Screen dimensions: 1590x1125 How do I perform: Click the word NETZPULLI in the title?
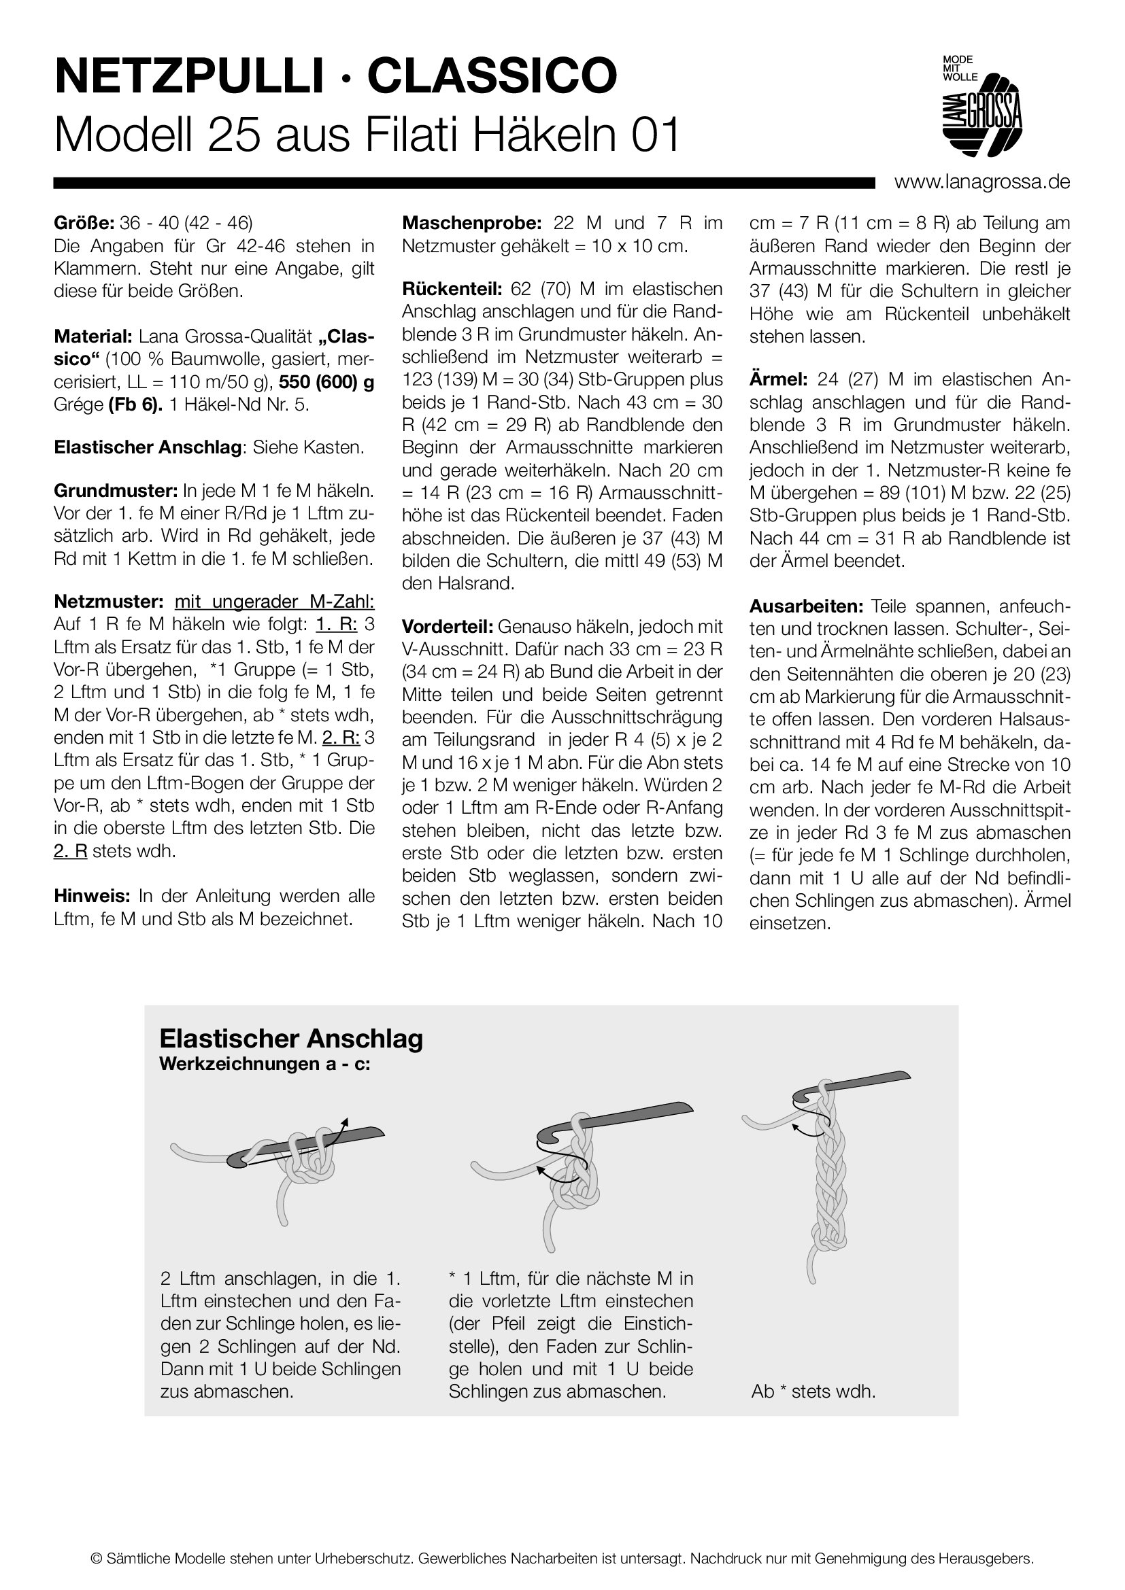(x=188, y=76)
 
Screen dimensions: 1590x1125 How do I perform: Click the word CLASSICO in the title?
(x=492, y=76)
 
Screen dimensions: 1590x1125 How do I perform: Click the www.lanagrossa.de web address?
(x=982, y=182)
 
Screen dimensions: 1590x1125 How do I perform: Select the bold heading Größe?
(x=84, y=223)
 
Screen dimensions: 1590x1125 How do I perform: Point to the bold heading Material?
(x=93, y=336)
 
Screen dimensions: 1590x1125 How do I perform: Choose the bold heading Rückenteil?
(x=453, y=289)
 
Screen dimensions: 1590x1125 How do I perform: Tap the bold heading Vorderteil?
(x=448, y=627)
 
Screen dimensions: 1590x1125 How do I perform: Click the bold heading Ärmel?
(x=778, y=379)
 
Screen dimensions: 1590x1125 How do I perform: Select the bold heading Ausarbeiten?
(x=805, y=606)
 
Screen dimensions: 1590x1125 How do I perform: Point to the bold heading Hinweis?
(x=92, y=896)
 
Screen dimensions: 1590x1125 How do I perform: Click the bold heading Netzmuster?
(x=108, y=601)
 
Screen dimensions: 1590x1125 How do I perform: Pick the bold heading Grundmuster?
(x=116, y=491)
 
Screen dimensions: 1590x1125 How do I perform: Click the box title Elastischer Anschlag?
(x=291, y=1039)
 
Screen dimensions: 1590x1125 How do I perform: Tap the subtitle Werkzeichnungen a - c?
(x=265, y=1064)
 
